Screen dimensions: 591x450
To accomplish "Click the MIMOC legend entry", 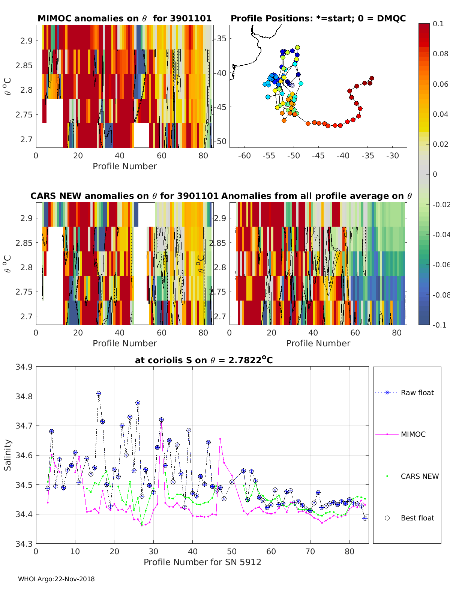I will [413, 434].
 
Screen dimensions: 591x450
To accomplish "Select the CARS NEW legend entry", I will [419, 476].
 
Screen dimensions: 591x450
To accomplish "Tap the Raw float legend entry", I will [417, 392].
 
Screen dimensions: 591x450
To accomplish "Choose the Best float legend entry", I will [417, 518].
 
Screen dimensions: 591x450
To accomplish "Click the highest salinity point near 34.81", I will [99, 394].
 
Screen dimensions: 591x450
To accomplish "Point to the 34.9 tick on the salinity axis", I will [24, 367].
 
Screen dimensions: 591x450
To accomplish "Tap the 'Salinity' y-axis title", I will [7, 455].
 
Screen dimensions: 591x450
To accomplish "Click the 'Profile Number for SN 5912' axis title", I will [202, 562].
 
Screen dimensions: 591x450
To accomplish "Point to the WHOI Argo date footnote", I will [56, 579].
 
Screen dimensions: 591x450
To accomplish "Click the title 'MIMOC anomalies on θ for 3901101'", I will [124, 18].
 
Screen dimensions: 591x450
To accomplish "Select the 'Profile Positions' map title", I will [318, 18].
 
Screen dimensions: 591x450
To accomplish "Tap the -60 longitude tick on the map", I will [244, 156].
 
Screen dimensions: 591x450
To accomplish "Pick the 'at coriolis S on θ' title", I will [204, 360].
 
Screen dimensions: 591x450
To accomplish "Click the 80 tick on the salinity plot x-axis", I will [349, 551].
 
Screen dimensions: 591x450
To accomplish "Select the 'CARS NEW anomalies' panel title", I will [124, 196].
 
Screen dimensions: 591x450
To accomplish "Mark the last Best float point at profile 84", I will [365, 518].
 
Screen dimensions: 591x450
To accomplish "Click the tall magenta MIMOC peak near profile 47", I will [220, 439].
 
